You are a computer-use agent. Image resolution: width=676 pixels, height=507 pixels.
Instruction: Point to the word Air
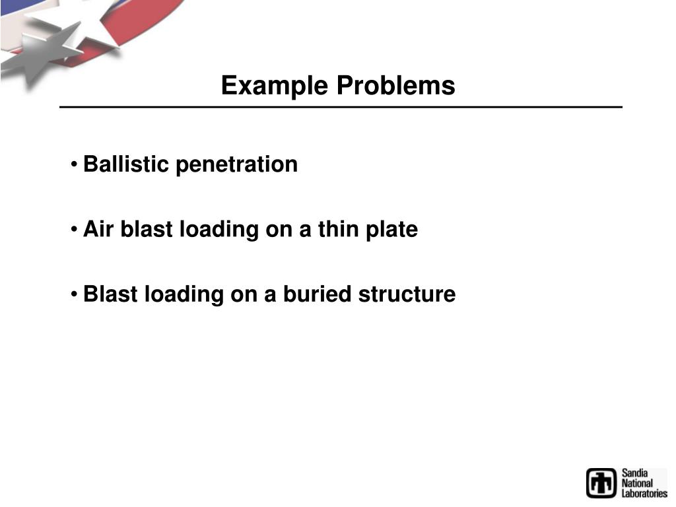97,229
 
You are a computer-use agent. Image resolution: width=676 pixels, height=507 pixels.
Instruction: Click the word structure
407,294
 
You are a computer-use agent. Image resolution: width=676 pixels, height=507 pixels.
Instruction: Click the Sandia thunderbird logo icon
601,483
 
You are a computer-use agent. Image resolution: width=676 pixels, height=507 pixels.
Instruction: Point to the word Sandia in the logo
634,473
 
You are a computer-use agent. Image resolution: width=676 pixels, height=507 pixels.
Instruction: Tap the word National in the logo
637,483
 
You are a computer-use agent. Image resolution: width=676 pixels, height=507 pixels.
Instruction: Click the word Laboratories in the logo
644,493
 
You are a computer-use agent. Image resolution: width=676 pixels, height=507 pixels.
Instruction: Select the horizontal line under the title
341,107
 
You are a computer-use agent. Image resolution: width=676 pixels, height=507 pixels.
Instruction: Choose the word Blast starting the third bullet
111,294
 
